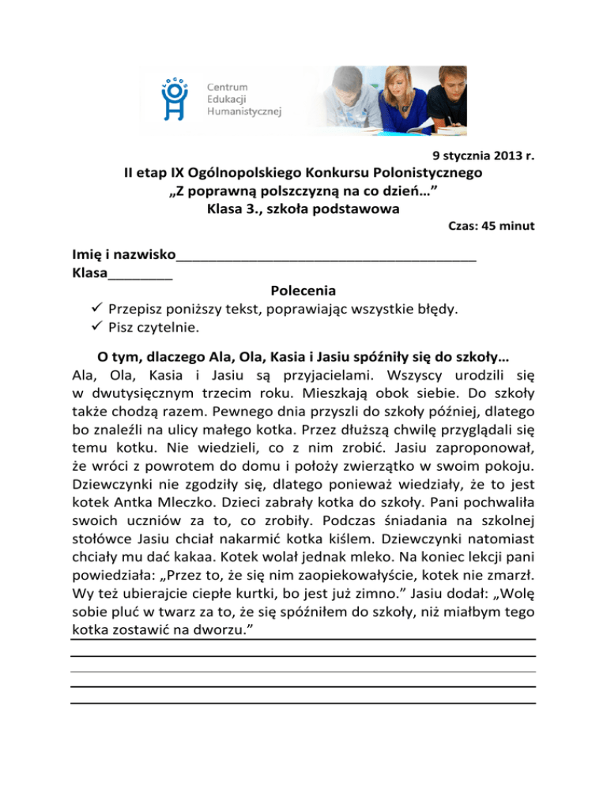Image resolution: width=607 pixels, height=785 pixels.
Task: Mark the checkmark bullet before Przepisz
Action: [97, 309]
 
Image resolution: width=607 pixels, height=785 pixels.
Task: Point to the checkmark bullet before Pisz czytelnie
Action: [97, 327]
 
